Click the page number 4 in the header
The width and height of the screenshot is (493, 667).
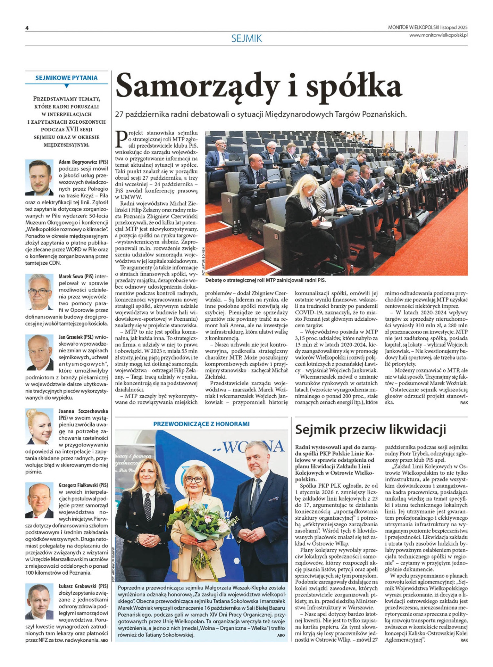(27, 28)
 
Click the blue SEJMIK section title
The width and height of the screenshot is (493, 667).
(246, 38)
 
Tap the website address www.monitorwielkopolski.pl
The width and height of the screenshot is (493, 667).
(438, 35)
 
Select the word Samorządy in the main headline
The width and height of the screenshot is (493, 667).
(198, 86)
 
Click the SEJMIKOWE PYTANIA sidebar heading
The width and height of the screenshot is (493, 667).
(66, 78)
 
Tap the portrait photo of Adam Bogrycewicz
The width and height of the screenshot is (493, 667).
(40, 177)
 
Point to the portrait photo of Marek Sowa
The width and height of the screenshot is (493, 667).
(39, 291)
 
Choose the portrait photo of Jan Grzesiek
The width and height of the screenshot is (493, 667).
(39, 352)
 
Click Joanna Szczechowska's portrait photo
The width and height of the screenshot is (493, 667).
(39, 426)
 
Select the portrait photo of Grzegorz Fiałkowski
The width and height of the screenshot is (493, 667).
(39, 500)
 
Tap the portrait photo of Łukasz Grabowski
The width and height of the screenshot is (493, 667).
(39, 601)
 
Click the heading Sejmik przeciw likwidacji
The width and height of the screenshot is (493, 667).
(370, 429)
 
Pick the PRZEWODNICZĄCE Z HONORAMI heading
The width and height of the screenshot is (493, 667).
(201, 424)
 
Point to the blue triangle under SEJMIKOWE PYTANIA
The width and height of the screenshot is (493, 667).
(66, 86)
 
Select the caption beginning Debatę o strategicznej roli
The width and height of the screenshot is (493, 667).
(265, 280)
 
